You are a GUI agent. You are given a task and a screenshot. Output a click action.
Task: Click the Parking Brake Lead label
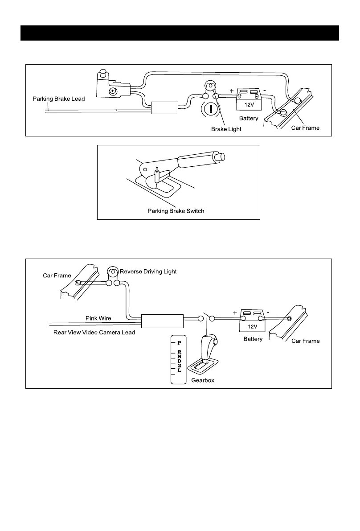point(58,99)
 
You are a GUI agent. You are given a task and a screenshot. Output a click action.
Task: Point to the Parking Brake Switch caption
point(176,210)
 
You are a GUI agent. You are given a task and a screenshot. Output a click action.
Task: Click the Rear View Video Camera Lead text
point(94,332)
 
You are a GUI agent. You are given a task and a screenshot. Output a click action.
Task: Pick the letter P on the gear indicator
point(179,343)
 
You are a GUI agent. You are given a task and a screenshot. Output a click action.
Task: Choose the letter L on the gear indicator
point(179,370)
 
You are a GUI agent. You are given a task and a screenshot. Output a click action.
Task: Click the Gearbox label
point(203,380)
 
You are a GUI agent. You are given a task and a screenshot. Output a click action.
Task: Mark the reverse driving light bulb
point(112,272)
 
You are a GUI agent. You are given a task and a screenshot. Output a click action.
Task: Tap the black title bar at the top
point(180,33)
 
